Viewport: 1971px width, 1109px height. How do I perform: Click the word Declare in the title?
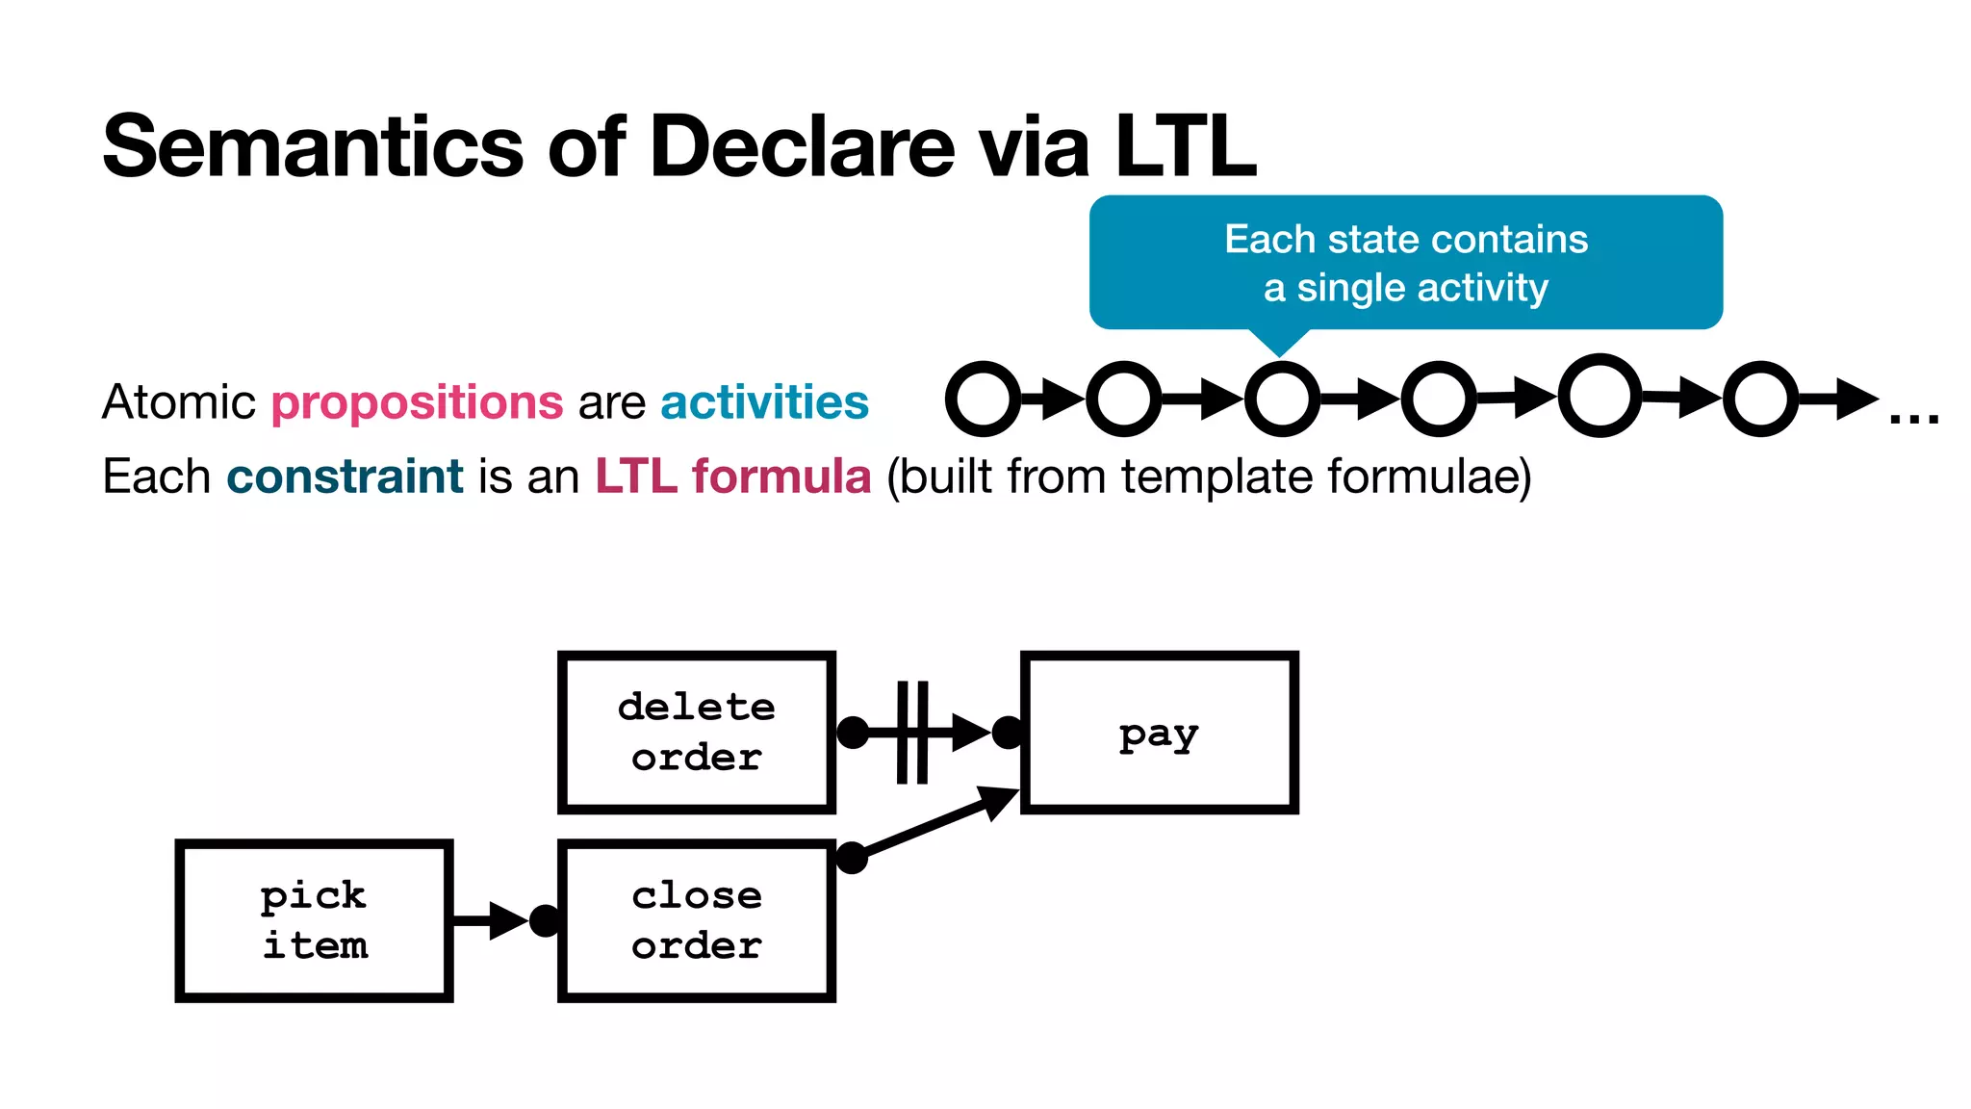[x=802, y=147]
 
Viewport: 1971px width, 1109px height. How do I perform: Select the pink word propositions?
[x=417, y=402]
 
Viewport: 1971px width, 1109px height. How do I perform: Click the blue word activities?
[x=764, y=402]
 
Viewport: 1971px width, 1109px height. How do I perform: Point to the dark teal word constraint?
[x=345, y=477]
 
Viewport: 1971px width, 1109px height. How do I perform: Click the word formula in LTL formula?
[x=781, y=477]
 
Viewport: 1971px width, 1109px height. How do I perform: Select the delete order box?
[x=696, y=733]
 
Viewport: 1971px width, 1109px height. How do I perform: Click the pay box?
[x=1159, y=733]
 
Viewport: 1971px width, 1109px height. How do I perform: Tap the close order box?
[x=696, y=921]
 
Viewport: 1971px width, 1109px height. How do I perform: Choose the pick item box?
[x=314, y=921]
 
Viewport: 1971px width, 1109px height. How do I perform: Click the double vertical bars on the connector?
[x=912, y=733]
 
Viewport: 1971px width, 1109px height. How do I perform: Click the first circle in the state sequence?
[x=982, y=399]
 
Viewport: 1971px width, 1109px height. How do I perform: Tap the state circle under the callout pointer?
[x=1281, y=399]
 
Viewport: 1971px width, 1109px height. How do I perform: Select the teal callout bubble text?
[x=1405, y=263]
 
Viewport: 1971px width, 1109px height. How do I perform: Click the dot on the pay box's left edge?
[x=1008, y=733]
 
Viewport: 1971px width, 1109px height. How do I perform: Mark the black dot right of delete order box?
[x=853, y=733]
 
